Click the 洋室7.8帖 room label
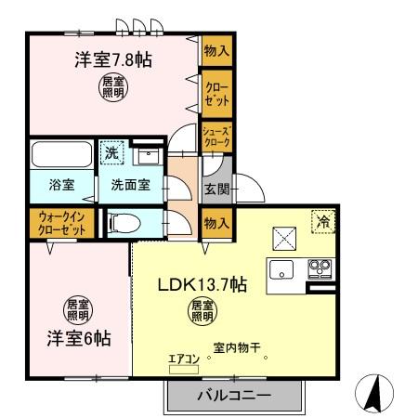[x=113, y=60]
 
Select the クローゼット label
[x=217, y=92]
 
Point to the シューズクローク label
[x=217, y=137]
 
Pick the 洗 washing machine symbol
[x=111, y=151]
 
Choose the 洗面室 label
[x=130, y=184]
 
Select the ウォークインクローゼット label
[x=59, y=224]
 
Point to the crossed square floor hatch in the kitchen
[x=282, y=237]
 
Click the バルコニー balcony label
[x=233, y=397]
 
